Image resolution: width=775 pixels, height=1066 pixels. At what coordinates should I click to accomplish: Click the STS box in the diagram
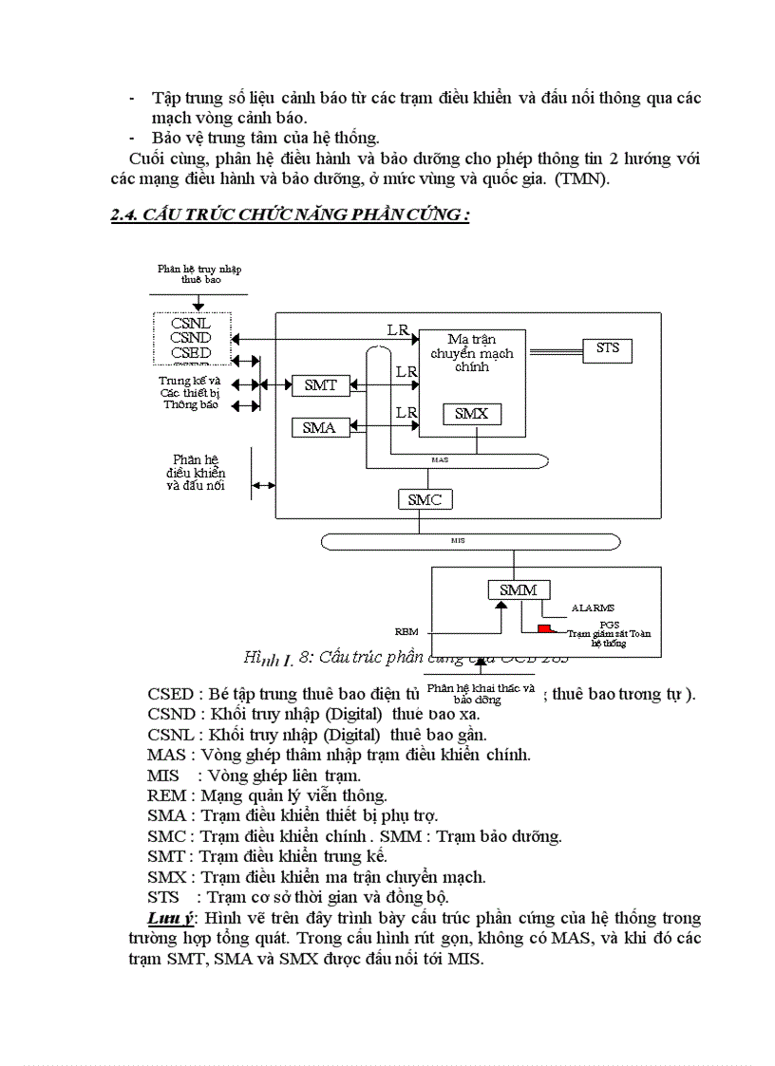[x=607, y=349]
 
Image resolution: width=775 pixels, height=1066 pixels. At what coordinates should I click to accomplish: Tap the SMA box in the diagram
[x=319, y=427]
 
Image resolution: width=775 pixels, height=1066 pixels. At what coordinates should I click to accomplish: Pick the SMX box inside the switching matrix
[x=471, y=414]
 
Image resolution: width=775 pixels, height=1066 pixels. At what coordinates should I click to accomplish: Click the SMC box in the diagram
[x=425, y=499]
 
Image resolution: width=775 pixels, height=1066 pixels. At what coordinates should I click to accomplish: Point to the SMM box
[x=518, y=589]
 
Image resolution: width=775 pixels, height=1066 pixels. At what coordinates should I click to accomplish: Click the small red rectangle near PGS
[x=544, y=628]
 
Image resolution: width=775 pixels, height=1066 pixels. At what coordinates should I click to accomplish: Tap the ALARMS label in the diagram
[x=593, y=608]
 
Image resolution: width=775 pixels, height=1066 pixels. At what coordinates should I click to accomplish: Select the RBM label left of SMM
[x=406, y=630]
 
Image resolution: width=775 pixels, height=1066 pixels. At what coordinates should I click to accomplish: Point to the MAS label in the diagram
[x=440, y=459]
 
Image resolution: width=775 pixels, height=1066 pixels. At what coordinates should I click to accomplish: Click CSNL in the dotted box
[x=191, y=324]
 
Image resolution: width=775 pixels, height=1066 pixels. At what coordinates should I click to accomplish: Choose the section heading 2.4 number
[x=123, y=215]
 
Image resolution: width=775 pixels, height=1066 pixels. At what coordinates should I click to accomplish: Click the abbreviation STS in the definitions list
[x=162, y=896]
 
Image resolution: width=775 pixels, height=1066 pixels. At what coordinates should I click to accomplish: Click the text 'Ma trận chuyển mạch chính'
[x=472, y=352]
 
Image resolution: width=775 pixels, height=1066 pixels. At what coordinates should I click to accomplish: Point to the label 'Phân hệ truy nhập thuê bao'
[x=198, y=274]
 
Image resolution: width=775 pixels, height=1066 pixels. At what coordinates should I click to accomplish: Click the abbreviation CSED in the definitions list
[x=167, y=693]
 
